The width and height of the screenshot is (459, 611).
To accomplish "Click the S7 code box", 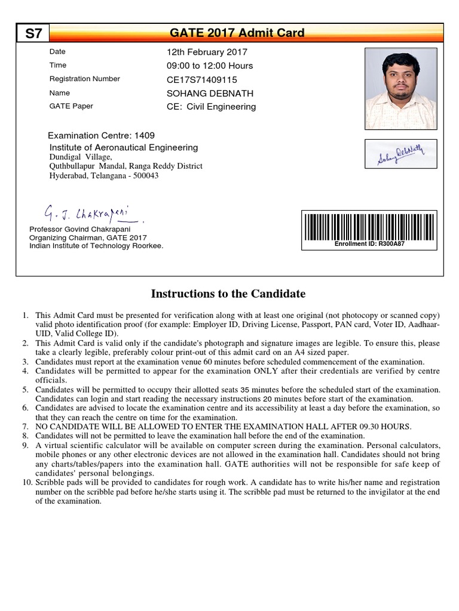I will point(33,33).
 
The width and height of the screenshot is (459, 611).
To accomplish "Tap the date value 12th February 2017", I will point(207,52).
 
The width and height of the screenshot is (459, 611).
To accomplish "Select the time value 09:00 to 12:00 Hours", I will point(210,66).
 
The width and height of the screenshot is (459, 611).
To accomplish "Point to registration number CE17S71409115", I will point(202,79).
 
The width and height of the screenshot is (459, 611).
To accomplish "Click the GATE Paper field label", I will point(71,106).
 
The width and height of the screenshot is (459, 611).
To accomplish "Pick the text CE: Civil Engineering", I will point(211,107).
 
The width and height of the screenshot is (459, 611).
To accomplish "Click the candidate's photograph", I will point(400,88).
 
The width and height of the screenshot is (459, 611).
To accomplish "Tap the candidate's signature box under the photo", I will point(400,153).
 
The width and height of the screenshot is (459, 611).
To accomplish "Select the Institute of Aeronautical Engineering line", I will point(123,147).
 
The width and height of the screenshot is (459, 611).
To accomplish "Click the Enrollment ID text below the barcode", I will point(369,244).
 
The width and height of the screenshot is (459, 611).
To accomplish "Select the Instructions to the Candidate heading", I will point(228,294).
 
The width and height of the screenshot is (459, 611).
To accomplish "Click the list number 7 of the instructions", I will point(25,427).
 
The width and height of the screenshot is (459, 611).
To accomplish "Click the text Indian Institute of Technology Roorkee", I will point(96,245).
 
